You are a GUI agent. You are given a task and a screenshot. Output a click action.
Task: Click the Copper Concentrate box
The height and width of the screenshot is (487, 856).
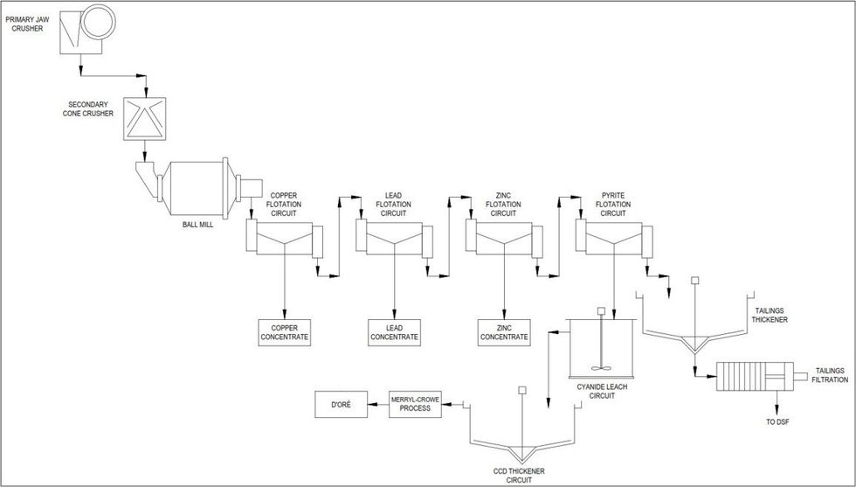(x=285, y=332)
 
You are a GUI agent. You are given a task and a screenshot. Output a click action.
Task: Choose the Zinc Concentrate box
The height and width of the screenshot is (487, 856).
(x=504, y=332)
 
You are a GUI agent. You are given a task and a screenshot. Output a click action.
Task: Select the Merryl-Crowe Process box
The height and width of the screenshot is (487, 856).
(x=415, y=404)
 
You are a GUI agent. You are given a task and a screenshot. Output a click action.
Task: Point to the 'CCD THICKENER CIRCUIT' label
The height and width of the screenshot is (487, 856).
(x=520, y=475)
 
